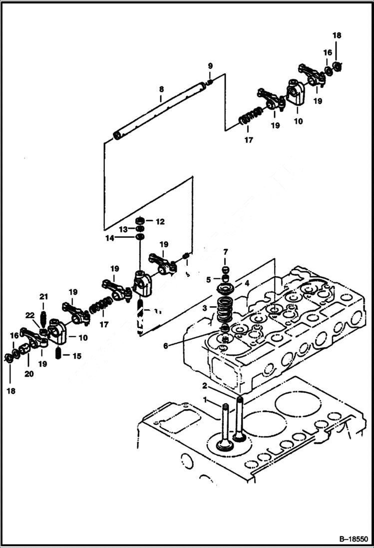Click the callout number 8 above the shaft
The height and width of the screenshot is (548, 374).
[161, 89]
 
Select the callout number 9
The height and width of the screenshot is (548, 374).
[210, 66]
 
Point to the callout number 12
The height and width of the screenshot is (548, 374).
[160, 221]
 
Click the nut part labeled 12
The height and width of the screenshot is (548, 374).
[141, 220]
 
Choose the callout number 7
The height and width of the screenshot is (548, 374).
[225, 251]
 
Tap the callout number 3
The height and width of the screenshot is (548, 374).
[204, 309]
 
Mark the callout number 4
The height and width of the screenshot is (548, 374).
[247, 283]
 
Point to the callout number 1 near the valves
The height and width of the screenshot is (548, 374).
[204, 398]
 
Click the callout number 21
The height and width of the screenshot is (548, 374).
[43, 298]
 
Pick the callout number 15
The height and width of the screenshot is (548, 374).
[76, 356]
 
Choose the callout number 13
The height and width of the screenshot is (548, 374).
[123, 229]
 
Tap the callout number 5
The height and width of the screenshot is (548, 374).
[209, 279]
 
